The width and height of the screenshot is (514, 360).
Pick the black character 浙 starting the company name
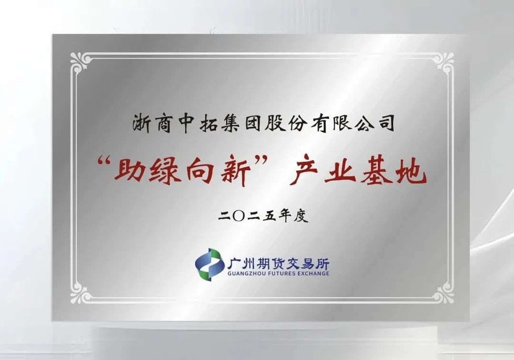(x=143, y=124)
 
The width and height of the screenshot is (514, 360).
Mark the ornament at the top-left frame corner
(x=79, y=62)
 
